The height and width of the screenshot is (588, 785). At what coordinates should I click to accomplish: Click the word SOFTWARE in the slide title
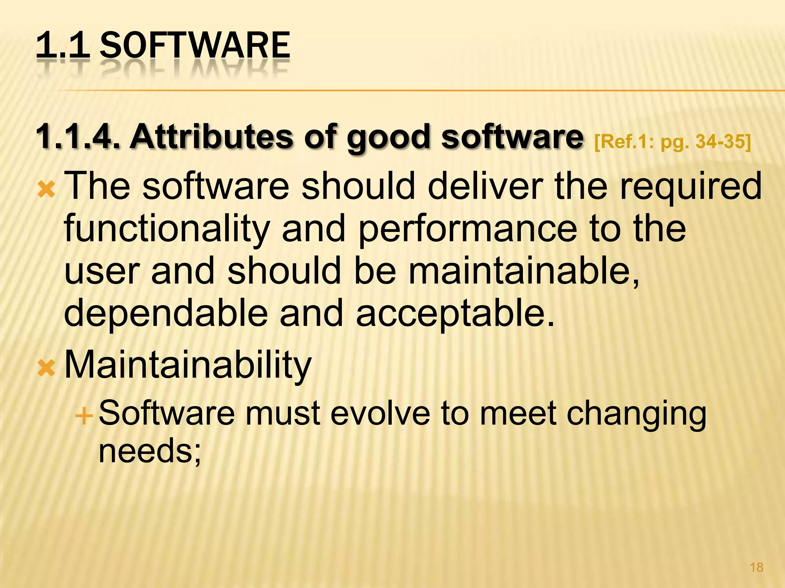pos(194,46)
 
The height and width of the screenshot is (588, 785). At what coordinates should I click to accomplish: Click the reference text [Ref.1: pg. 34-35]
pos(672,142)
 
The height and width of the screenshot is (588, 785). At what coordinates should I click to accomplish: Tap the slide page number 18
pos(756,567)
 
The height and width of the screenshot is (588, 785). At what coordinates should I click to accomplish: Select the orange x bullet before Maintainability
pos(46,369)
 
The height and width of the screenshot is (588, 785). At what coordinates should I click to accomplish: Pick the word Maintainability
pos(188,366)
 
